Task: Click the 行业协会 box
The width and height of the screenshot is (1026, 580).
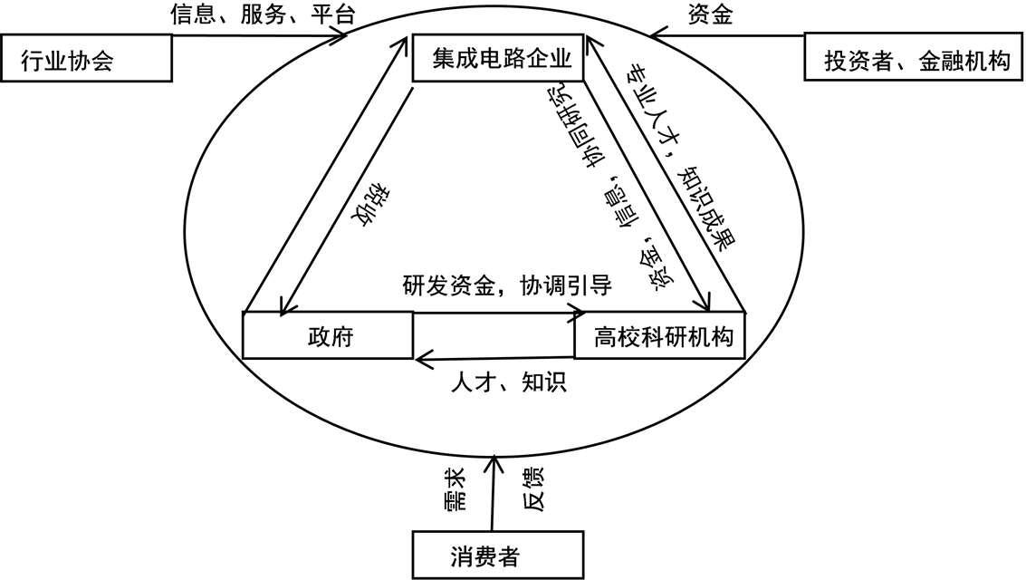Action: (x=86, y=60)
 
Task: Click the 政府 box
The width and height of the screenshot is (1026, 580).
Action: (x=328, y=337)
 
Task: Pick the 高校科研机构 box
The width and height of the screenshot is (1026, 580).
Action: (x=659, y=337)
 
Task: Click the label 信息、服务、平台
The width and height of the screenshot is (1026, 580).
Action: (x=263, y=14)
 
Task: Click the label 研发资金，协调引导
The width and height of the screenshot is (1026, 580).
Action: (x=507, y=286)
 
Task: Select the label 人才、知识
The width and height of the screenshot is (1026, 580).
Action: (x=508, y=382)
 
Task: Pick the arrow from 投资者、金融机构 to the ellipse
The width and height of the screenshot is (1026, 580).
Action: (x=724, y=37)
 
